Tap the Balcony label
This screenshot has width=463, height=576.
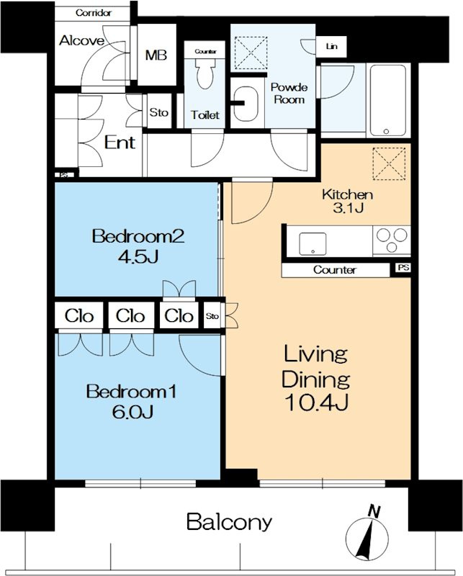[x=229, y=521]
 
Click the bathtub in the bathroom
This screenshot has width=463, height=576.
[x=388, y=100]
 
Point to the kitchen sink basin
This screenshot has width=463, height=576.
[x=313, y=244]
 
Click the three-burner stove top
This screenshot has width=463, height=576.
[x=392, y=240]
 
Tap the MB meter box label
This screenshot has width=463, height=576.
[x=156, y=55]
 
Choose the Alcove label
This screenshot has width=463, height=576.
[x=81, y=40]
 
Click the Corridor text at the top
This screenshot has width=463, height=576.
[x=94, y=13]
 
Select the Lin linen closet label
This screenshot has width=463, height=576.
[x=331, y=46]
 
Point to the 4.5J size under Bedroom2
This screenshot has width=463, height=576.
[x=138, y=256]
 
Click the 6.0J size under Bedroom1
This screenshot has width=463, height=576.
[x=132, y=412]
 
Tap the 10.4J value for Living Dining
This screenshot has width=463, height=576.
[x=316, y=402]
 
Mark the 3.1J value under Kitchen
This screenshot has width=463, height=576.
[x=348, y=208]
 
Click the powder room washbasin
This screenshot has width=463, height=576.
[x=246, y=104]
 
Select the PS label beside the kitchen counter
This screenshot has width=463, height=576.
[x=403, y=268]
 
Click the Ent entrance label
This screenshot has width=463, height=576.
[x=120, y=142]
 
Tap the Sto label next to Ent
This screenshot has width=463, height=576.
[x=158, y=112]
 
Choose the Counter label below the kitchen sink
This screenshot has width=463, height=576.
[x=335, y=270]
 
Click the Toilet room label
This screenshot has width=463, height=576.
[x=205, y=115]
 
